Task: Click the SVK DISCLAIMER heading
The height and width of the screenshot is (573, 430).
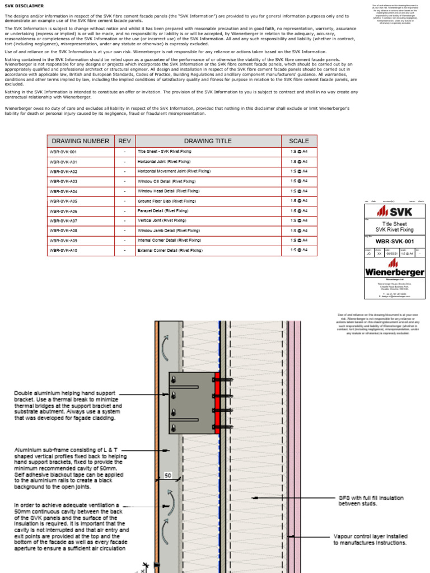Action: (24, 6)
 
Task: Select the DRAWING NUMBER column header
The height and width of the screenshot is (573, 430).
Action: (80, 141)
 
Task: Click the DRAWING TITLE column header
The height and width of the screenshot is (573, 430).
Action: (208, 141)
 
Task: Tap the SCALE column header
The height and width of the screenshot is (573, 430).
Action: (298, 141)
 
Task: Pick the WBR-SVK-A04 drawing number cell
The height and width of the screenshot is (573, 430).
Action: (63, 191)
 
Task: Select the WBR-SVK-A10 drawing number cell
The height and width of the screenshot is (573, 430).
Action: (63, 250)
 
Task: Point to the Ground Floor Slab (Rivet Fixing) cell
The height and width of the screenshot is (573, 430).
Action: (167, 201)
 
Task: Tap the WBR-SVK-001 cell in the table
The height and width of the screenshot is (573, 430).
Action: (63, 152)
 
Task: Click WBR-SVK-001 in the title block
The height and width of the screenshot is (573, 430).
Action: (394, 242)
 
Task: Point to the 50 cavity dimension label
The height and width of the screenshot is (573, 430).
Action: (168, 476)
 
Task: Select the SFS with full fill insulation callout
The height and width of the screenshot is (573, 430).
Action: (370, 500)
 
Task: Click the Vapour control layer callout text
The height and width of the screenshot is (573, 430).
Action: (370, 539)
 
